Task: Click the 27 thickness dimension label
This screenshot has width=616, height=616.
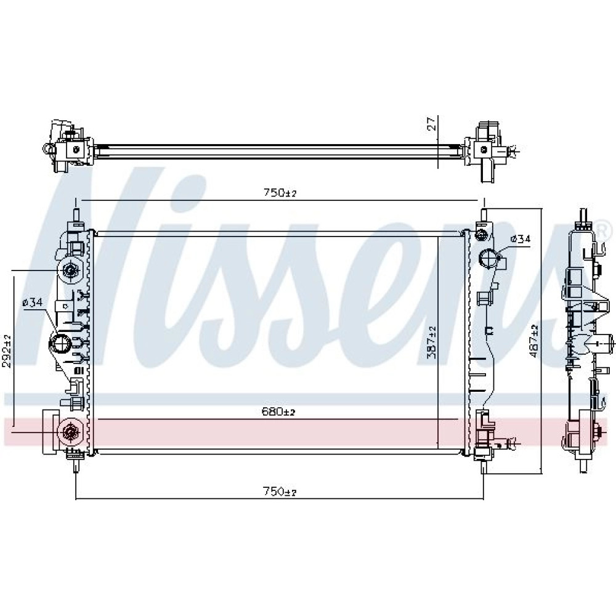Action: coord(432,123)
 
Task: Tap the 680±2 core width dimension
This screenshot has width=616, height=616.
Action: coord(278,411)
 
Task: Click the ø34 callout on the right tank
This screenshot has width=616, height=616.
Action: coord(520,238)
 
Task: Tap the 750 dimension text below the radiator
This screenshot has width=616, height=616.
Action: coord(279,491)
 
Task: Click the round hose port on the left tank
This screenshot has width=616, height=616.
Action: coord(60,344)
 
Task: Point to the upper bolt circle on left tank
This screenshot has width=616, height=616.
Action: coord(71,270)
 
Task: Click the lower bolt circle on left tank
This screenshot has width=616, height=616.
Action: coord(71,432)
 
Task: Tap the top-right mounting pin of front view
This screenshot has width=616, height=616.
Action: coord(484,215)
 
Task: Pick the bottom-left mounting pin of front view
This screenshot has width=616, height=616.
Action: coord(75,466)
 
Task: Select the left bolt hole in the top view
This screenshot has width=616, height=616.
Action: coord(76,148)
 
